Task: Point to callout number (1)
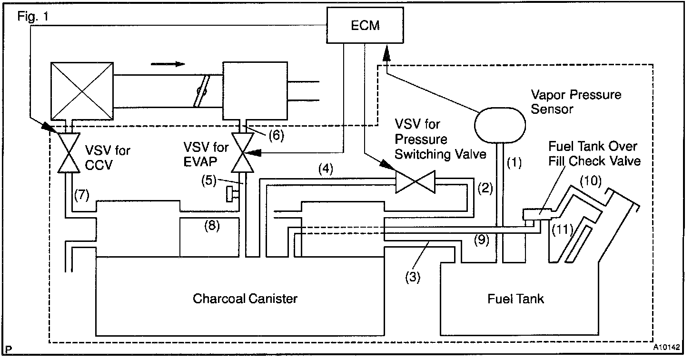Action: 514,163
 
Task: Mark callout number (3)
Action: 413,276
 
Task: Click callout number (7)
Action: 82,195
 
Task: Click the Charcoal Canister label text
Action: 245,299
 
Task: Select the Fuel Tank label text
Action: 515,299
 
